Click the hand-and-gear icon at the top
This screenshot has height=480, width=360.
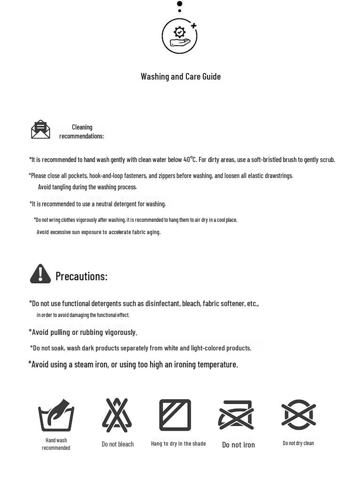pos(179,36)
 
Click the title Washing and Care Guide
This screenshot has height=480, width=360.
pos(181,76)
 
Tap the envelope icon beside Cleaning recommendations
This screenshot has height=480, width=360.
pos(40,130)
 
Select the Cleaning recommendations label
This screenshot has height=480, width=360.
pos(82,131)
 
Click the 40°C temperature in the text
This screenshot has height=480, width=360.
pos(189,159)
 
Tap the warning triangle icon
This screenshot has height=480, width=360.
pos(40,274)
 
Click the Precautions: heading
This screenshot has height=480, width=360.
pos(81,276)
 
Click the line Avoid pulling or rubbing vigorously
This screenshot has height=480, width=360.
pos(83,332)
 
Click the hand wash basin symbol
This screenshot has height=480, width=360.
pos(56,415)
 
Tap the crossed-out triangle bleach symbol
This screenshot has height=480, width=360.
pos(117,415)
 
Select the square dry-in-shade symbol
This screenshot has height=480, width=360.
pos(175,415)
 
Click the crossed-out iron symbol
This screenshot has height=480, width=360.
pos(236,415)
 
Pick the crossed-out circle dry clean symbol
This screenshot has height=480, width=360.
pos(298,415)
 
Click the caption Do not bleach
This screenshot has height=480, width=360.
pos(118,444)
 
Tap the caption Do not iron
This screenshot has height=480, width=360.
pos(239,445)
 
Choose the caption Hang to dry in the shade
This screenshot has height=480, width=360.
pos(178,444)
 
